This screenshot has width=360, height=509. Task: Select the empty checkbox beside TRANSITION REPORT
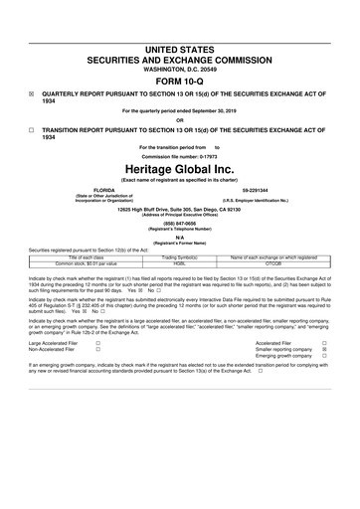click(32, 130)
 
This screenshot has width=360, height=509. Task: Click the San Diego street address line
click(180, 210)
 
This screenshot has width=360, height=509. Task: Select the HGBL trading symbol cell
click(179, 263)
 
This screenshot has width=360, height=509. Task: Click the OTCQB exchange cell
click(277, 263)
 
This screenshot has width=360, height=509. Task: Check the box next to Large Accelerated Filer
click(97, 343)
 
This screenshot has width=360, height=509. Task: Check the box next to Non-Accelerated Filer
click(97, 351)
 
